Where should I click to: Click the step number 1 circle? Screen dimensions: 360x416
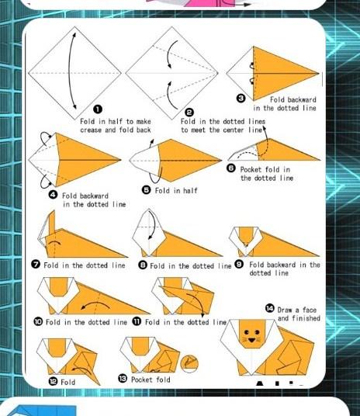98,109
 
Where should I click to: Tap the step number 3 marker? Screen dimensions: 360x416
241,99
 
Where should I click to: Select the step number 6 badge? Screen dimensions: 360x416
231,168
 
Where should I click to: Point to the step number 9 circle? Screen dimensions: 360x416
239,264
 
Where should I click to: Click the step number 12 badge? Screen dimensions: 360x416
53,382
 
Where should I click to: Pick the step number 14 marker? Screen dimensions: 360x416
269,309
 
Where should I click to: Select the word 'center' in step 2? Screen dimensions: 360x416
234,130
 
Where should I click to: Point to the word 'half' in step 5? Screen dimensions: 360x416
190,190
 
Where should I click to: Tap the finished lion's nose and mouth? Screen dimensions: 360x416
251,340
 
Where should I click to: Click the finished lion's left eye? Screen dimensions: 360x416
247,332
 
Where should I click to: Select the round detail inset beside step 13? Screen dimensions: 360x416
189,363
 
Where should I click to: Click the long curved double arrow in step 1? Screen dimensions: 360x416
70,71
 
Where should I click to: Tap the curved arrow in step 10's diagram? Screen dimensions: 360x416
95,305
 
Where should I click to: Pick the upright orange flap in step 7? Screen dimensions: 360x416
52,222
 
